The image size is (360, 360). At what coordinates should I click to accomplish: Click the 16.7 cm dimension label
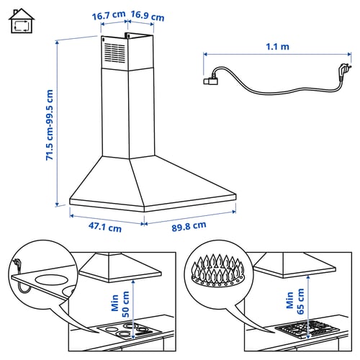pyautogui.click(x=109, y=16)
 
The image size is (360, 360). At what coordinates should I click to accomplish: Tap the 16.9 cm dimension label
pyautogui.click(x=148, y=16)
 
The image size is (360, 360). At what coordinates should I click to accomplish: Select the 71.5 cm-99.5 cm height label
pyautogui.click(x=50, y=125)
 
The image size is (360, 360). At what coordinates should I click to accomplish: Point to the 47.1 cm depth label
pyautogui.click(x=105, y=227)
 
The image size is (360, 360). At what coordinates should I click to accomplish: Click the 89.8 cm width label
pyautogui.click(x=189, y=226)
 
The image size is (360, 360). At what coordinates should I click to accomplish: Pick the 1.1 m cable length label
pyautogui.click(x=277, y=47)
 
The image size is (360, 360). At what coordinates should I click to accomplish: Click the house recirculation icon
pyautogui.click(x=22, y=21)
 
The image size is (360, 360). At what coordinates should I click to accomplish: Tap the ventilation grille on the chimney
pyautogui.click(x=115, y=53)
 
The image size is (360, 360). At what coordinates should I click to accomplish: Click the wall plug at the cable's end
pyautogui.click(x=344, y=70)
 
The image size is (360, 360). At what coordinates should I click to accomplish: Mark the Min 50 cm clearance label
pyautogui.click(x=120, y=304)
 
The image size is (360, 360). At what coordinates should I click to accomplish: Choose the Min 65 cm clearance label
pyautogui.click(x=295, y=301)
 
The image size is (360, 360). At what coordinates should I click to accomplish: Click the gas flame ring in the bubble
pyautogui.click(x=218, y=271)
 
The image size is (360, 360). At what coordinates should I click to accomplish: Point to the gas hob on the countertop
pyautogui.click(x=307, y=329)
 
